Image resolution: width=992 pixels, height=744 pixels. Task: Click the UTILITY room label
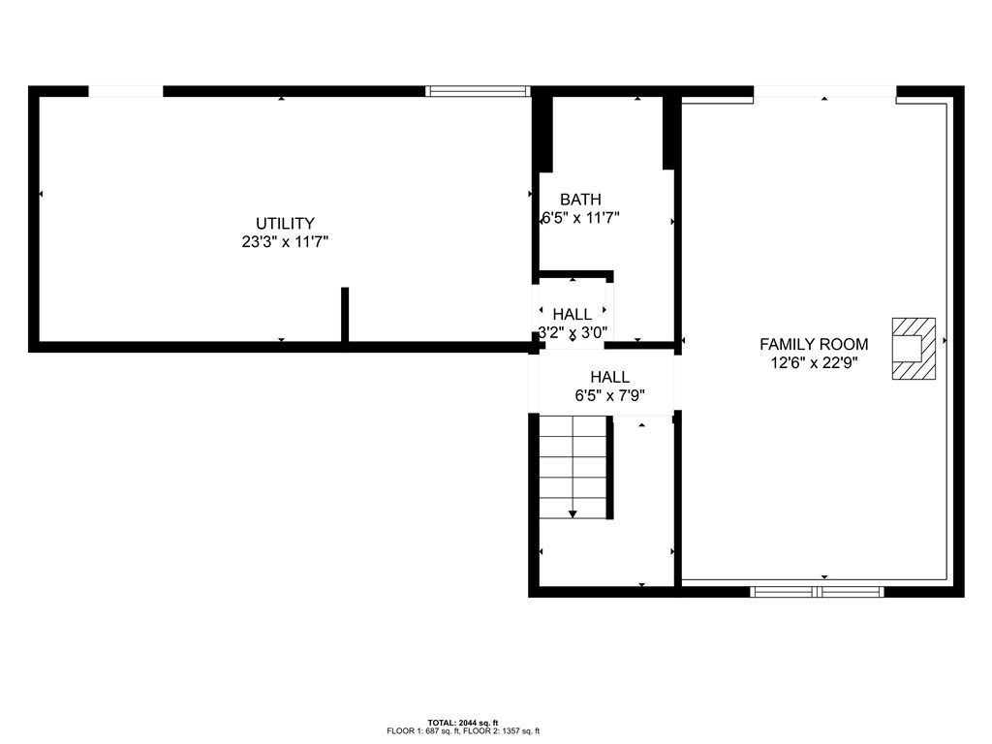[x=285, y=223]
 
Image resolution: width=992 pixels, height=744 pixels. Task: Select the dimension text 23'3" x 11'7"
[x=285, y=243]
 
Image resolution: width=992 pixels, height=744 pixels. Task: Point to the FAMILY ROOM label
[x=814, y=344]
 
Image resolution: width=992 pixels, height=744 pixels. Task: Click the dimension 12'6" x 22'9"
[x=814, y=363]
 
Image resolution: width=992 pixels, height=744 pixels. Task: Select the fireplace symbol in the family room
[x=914, y=348]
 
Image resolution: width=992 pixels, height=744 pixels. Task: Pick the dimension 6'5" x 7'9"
[x=610, y=395]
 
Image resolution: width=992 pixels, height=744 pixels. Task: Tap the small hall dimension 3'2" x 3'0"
[x=573, y=332]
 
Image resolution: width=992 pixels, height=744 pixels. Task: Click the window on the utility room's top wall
[x=478, y=92]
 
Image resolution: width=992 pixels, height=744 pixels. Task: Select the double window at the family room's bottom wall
[x=818, y=590]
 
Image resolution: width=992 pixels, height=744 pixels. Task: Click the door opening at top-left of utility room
[x=126, y=92]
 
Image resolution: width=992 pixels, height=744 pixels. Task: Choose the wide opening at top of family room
[x=824, y=92]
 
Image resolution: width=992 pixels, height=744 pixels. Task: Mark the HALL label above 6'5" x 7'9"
[x=610, y=377]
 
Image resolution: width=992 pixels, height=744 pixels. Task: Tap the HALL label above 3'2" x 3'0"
[x=573, y=314]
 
